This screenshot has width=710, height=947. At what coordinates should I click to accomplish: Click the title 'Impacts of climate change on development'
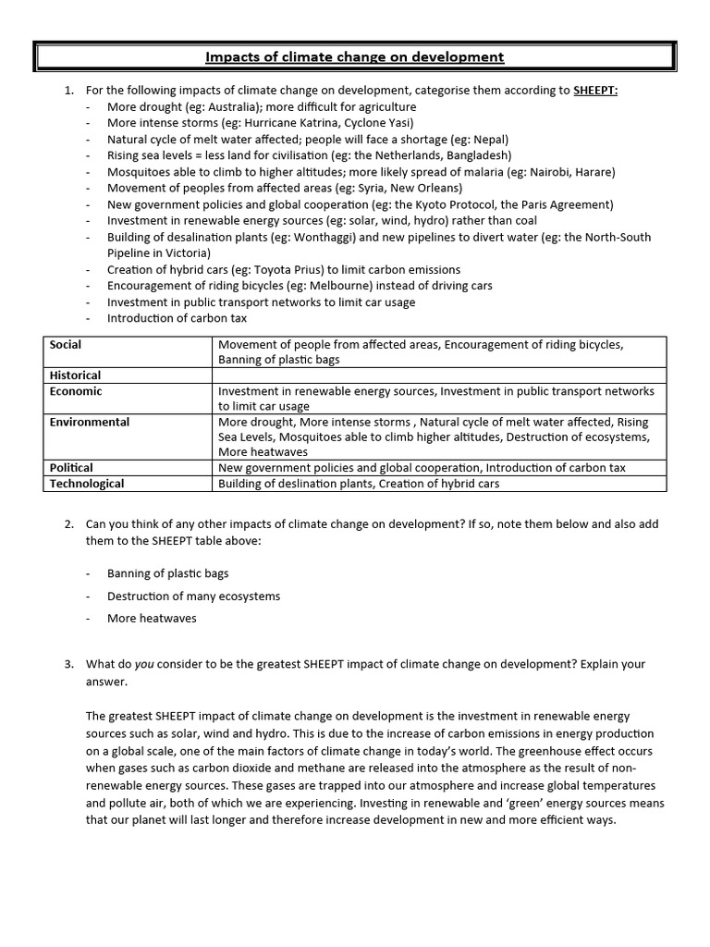point(354,57)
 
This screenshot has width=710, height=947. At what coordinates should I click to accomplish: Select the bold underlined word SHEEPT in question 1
point(596,91)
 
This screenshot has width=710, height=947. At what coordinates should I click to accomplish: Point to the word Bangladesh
point(478,155)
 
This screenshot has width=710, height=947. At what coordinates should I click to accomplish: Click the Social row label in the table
point(66,345)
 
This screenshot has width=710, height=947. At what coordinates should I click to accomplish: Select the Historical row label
point(75,375)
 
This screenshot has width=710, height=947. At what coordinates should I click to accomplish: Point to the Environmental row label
point(90,422)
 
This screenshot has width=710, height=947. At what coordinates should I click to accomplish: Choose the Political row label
point(71,468)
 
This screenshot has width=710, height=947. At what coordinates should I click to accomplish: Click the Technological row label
point(87,484)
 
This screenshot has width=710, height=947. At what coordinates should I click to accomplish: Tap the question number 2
point(68,524)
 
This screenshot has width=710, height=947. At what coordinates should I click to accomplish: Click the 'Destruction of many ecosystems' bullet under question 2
point(193,596)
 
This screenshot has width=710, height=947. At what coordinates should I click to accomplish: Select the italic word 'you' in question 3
point(143,665)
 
